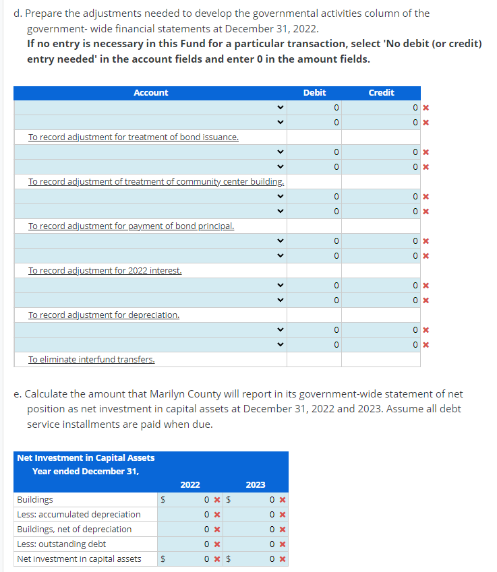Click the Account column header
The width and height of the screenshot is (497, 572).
[150, 93]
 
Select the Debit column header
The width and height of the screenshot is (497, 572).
[314, 93]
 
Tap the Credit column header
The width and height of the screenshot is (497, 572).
[381, 93]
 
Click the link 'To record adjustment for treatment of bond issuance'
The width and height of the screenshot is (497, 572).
[133, 137]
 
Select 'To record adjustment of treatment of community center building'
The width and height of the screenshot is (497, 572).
[156, 182]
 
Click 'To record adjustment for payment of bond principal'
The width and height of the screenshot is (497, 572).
[131, 226]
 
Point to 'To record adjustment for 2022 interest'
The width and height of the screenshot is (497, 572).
[105, 271]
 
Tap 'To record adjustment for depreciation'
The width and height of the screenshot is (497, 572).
[103, 315]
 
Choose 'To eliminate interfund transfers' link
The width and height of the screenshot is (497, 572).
[91, 360]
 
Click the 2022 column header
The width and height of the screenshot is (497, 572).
[190, 485]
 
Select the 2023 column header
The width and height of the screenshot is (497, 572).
[256, 485]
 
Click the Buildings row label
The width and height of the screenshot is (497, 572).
[35, 500]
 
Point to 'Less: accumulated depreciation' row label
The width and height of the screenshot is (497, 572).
[78, 515]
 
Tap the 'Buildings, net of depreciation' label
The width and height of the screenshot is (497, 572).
[74, 530]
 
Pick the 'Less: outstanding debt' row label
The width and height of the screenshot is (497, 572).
[61, 544]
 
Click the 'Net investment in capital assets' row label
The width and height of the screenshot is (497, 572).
[79, 559]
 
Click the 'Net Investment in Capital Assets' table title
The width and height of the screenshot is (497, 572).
[86, 458]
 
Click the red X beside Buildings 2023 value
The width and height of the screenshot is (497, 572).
[283, 500]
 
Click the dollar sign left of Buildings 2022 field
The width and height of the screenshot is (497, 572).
[162, 500]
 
